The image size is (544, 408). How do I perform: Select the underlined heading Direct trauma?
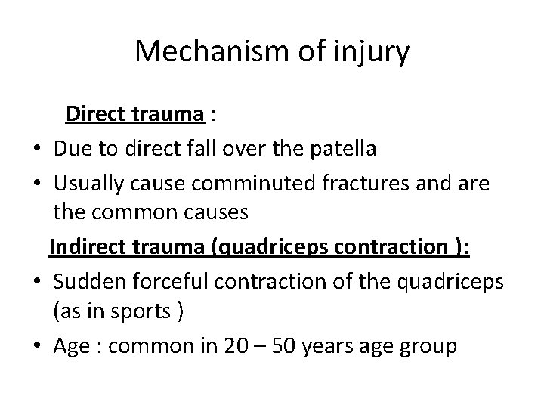[x=135, y=114]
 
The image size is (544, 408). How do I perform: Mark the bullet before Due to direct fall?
[x=37, y=150]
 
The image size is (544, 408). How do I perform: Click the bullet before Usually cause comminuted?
[x=37, y=184]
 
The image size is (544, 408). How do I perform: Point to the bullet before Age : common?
[x=37, y=348]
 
